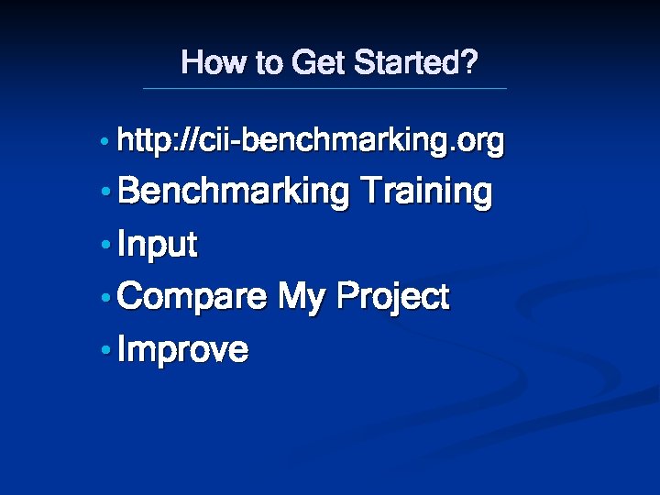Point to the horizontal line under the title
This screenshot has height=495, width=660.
[324, 88]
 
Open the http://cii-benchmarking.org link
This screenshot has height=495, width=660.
[311, 142]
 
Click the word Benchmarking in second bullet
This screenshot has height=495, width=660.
[234, 193]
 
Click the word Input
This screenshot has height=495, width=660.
[158, 246]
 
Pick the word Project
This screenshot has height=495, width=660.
[393, 298]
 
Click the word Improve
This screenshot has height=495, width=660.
[183, 350]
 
